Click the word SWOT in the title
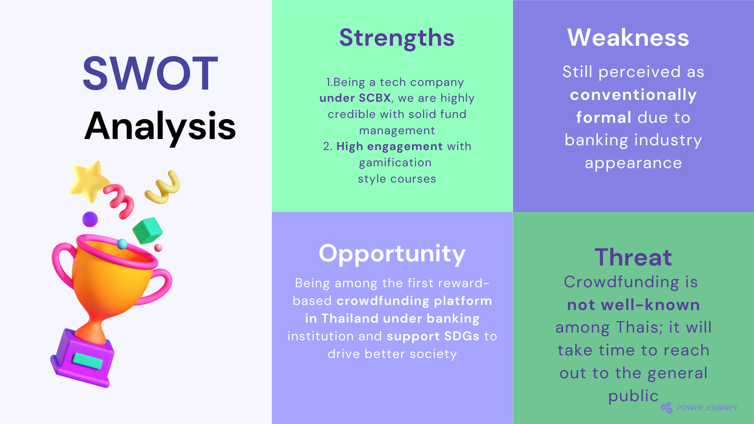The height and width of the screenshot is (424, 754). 150,73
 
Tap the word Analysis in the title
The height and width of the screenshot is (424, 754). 160,127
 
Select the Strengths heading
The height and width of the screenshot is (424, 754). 397,38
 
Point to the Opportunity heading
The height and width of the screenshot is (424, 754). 392,254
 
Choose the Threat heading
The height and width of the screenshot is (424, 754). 633,257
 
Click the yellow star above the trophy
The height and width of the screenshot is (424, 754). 89,181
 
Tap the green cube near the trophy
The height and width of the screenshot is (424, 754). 148,231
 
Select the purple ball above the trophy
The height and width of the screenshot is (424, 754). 90,219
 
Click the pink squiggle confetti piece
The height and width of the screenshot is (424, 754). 119,201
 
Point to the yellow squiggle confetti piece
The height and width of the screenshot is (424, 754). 163,187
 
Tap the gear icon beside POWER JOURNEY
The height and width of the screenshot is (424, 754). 667,408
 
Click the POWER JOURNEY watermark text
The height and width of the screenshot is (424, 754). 707,408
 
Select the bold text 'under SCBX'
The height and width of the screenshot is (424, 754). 355,98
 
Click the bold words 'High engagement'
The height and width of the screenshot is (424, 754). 390,147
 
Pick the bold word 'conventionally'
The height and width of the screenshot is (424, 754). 633,95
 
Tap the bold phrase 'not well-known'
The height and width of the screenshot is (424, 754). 633,305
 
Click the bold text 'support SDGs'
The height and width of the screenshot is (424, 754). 433,337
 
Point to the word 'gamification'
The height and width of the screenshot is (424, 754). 395,163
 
